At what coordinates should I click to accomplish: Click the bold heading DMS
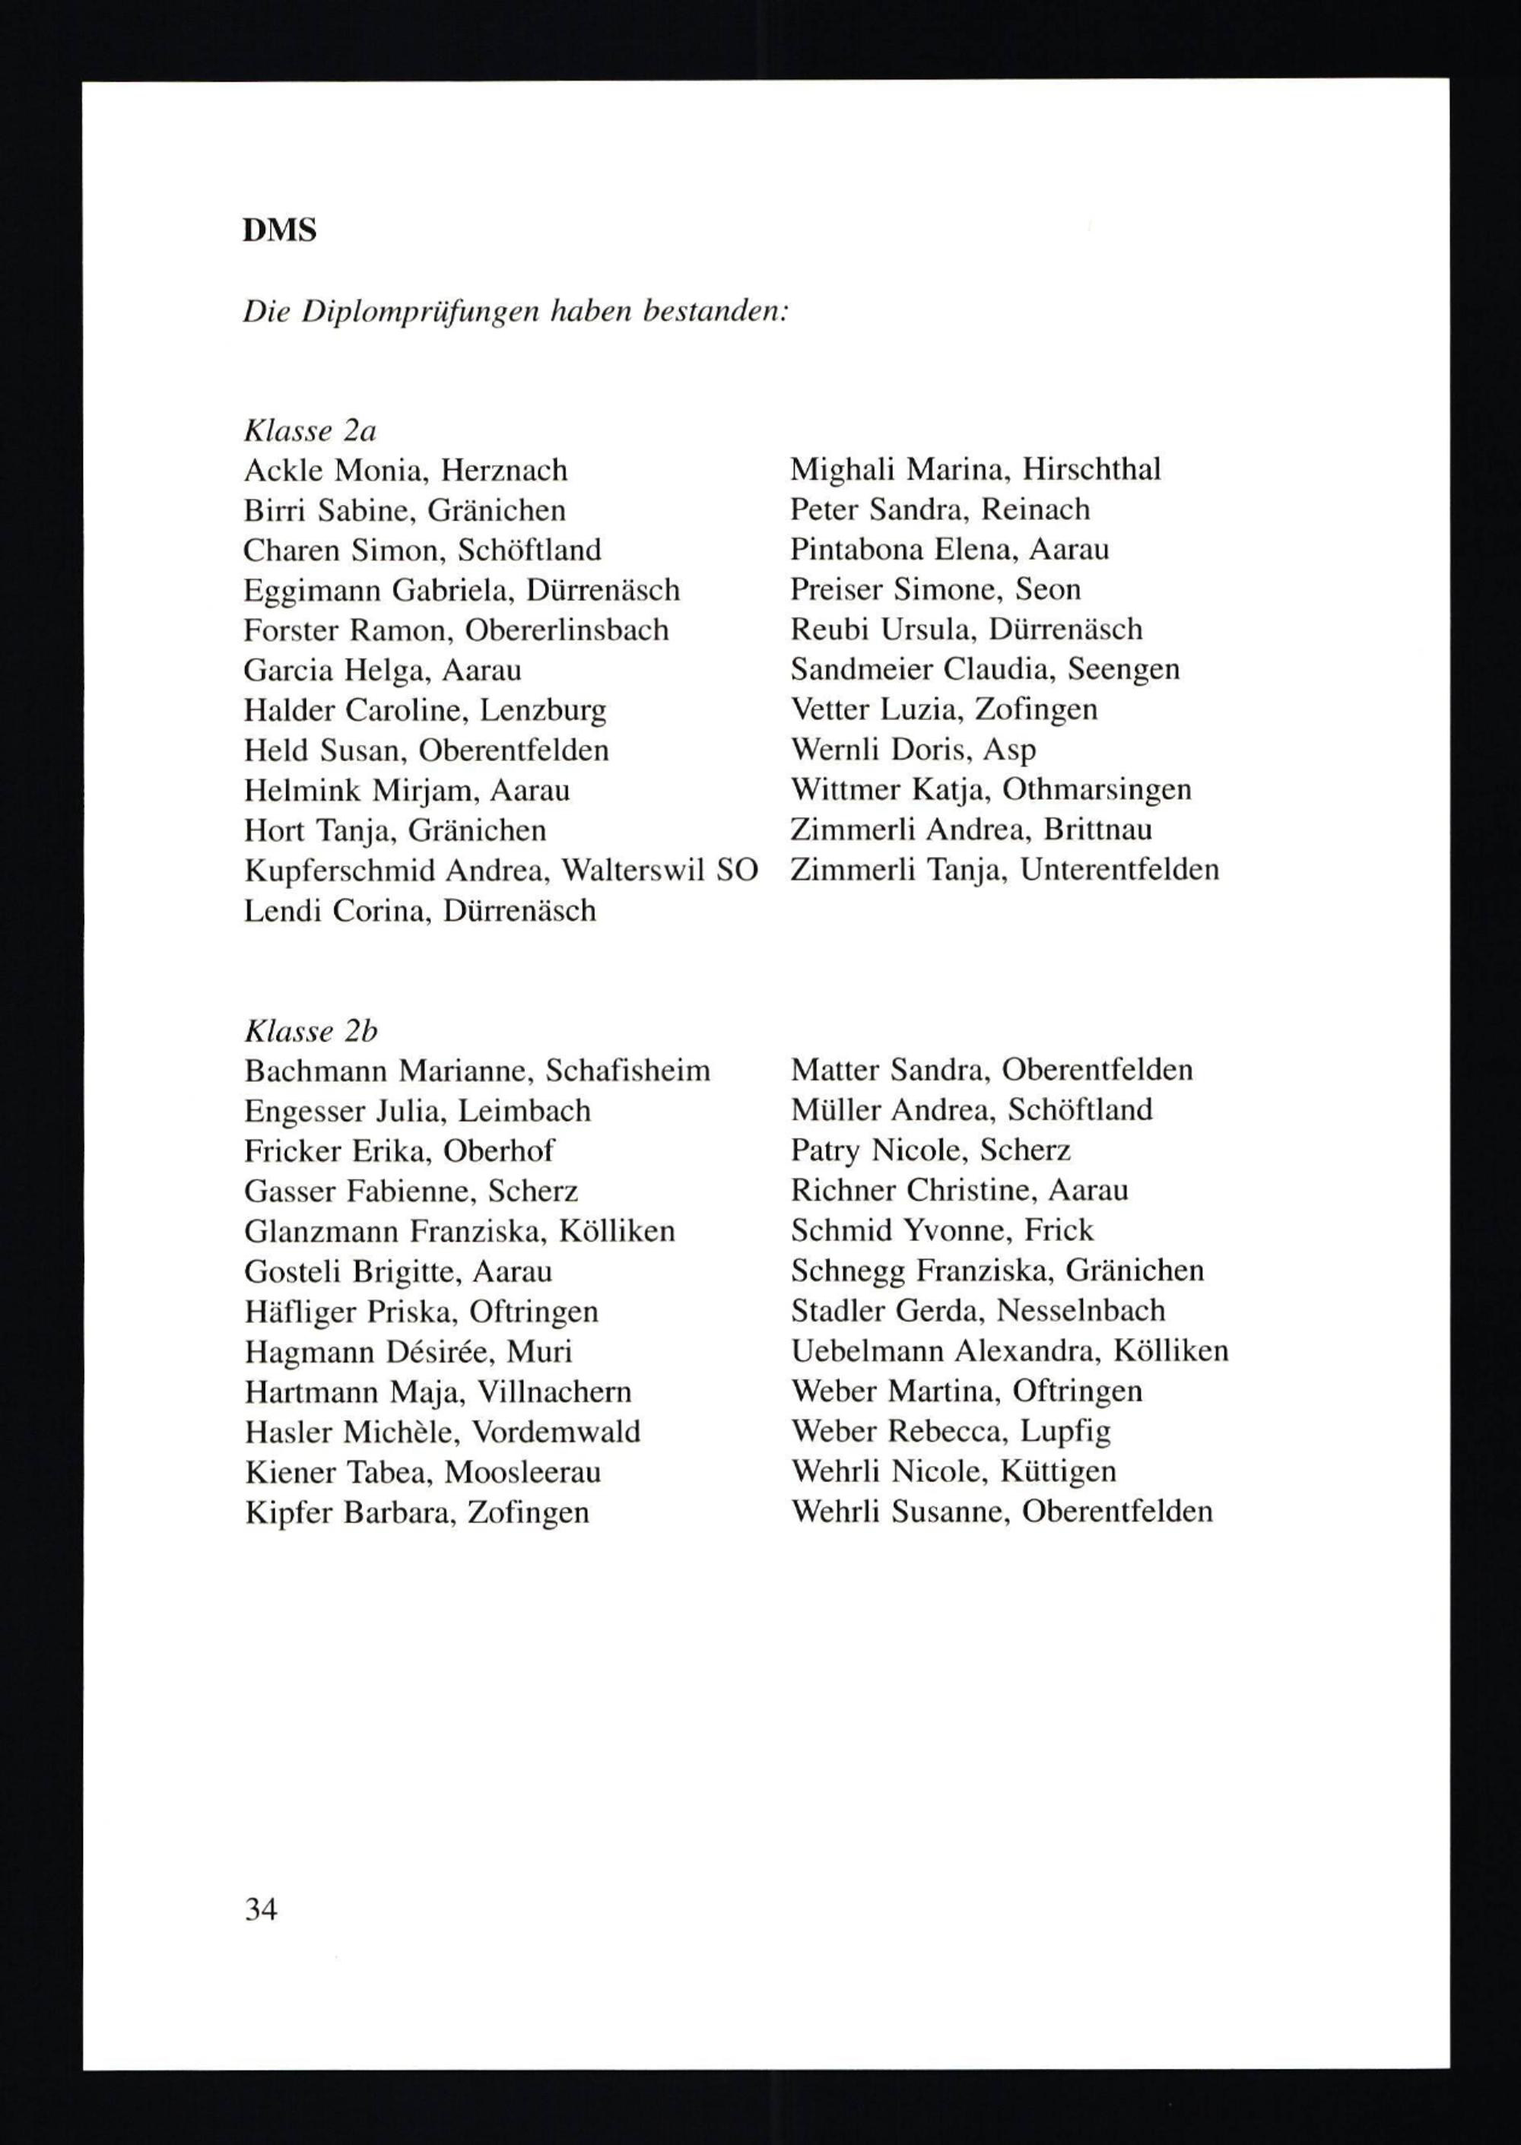click(x=279, y=230)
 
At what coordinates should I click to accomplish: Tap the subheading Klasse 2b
click(x=310, y=1031)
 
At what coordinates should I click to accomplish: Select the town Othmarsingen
click(x=1096, y=789)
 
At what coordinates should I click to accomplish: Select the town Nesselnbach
click(x=1081, y=1310)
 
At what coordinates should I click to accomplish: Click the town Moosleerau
click(x=522, y=1472)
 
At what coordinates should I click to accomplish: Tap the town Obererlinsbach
click(x=567, y=630)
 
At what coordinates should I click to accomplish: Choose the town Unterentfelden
click(x=1119, y=870)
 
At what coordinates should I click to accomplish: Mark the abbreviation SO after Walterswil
click(x=736, y=871)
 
